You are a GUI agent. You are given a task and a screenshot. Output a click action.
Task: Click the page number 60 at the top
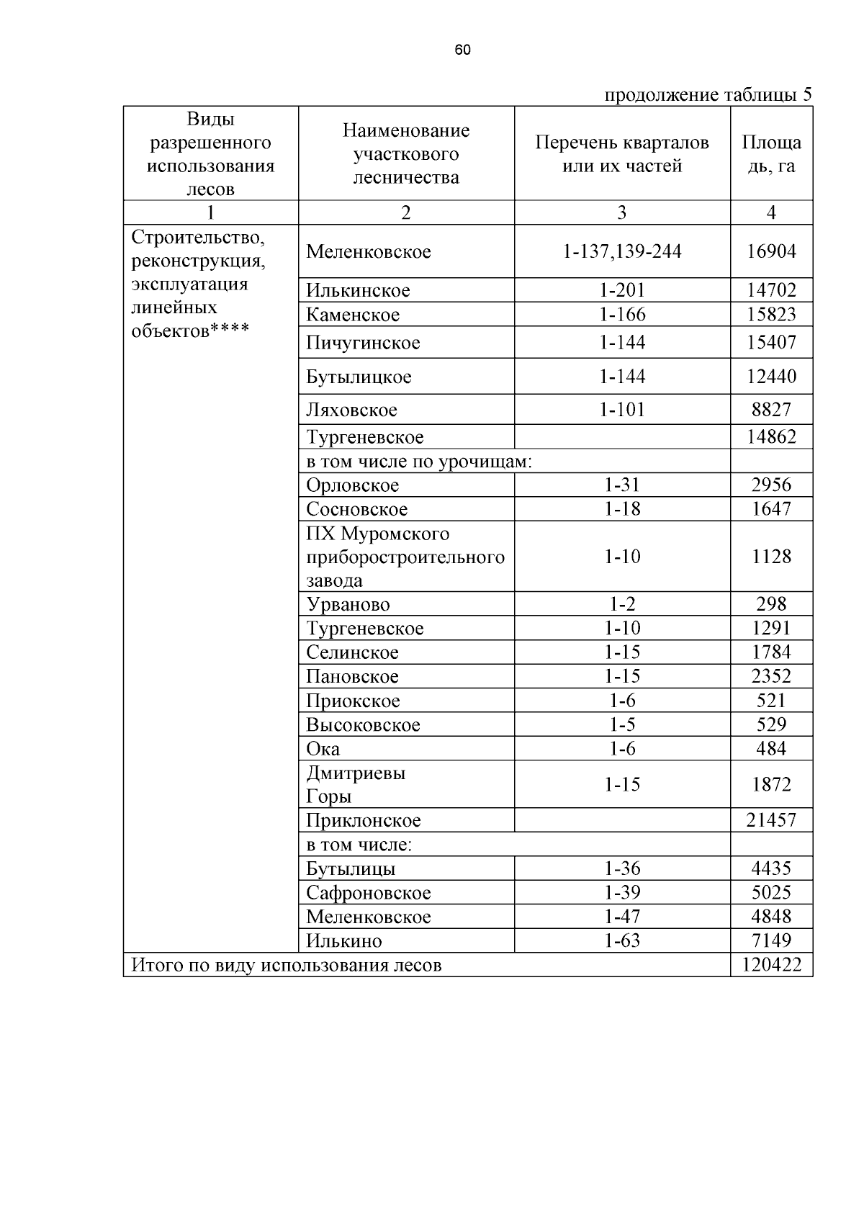463,50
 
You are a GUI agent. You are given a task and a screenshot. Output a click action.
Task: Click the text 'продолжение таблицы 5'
707,94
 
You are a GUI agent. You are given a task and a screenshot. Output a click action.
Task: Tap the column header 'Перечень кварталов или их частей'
622,154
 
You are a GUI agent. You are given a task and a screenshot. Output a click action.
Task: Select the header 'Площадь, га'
771,154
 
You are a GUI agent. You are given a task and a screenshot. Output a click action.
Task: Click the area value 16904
771,251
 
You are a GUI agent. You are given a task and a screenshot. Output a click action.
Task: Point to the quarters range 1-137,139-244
622,251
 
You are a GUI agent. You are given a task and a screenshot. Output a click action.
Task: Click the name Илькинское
358,290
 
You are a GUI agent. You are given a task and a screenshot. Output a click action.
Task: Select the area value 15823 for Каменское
771,315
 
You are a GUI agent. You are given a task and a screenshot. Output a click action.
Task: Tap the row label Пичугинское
363,343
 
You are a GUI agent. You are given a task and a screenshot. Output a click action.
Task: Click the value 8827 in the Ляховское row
771,410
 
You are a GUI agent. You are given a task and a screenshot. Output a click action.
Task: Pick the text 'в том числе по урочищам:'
419,461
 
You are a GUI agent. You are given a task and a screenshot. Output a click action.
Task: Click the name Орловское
352,485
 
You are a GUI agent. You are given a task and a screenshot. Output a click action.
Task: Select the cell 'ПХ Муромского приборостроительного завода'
405,557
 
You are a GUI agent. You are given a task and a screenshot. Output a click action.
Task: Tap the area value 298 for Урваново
771,604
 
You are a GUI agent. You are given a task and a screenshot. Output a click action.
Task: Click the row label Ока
323,749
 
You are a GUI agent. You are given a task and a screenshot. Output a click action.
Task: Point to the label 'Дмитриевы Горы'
356,784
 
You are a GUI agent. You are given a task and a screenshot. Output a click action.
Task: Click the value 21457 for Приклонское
771,820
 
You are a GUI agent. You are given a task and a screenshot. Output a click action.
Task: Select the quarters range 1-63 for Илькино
622,940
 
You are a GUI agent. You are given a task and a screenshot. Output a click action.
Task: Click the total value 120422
771,965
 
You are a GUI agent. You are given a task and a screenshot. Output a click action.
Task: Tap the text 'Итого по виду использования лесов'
286,965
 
